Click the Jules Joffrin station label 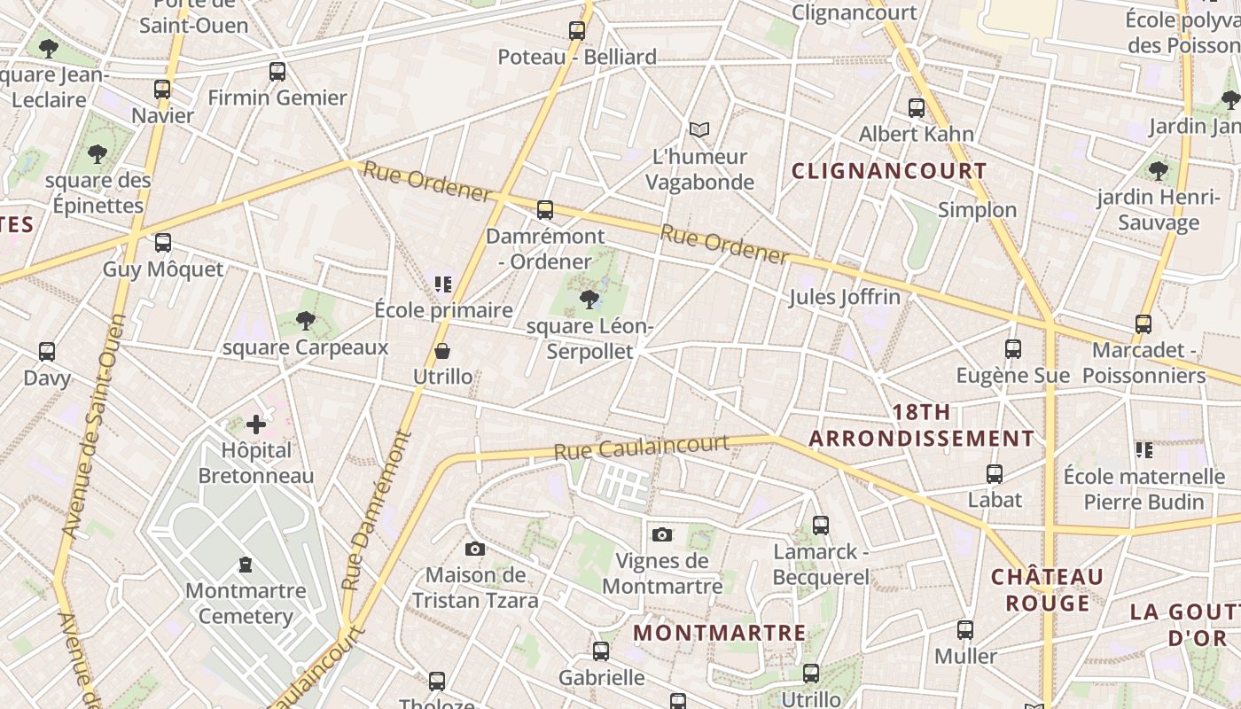click(845, 297)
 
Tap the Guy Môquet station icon click(163, 243)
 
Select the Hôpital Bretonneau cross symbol click(256, 425)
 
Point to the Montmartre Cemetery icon click(246, 565)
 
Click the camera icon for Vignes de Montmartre click(661, 534)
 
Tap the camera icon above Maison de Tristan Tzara click(475, 549)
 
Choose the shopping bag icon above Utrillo click(442, 352)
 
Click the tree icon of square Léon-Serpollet click(589, 300)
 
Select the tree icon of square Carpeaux click(306, 320)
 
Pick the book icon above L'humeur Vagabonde click(699, 130)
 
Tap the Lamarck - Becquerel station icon click(821, 526)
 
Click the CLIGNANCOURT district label click(888, 171)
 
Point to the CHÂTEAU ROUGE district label click(1047, 590)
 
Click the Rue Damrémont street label click(378, 511)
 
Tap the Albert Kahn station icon click(917, 108)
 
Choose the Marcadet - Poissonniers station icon click(1143, 324)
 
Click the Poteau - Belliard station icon click(577, 31)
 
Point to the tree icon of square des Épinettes click(98, 154)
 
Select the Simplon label click(977, 210)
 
